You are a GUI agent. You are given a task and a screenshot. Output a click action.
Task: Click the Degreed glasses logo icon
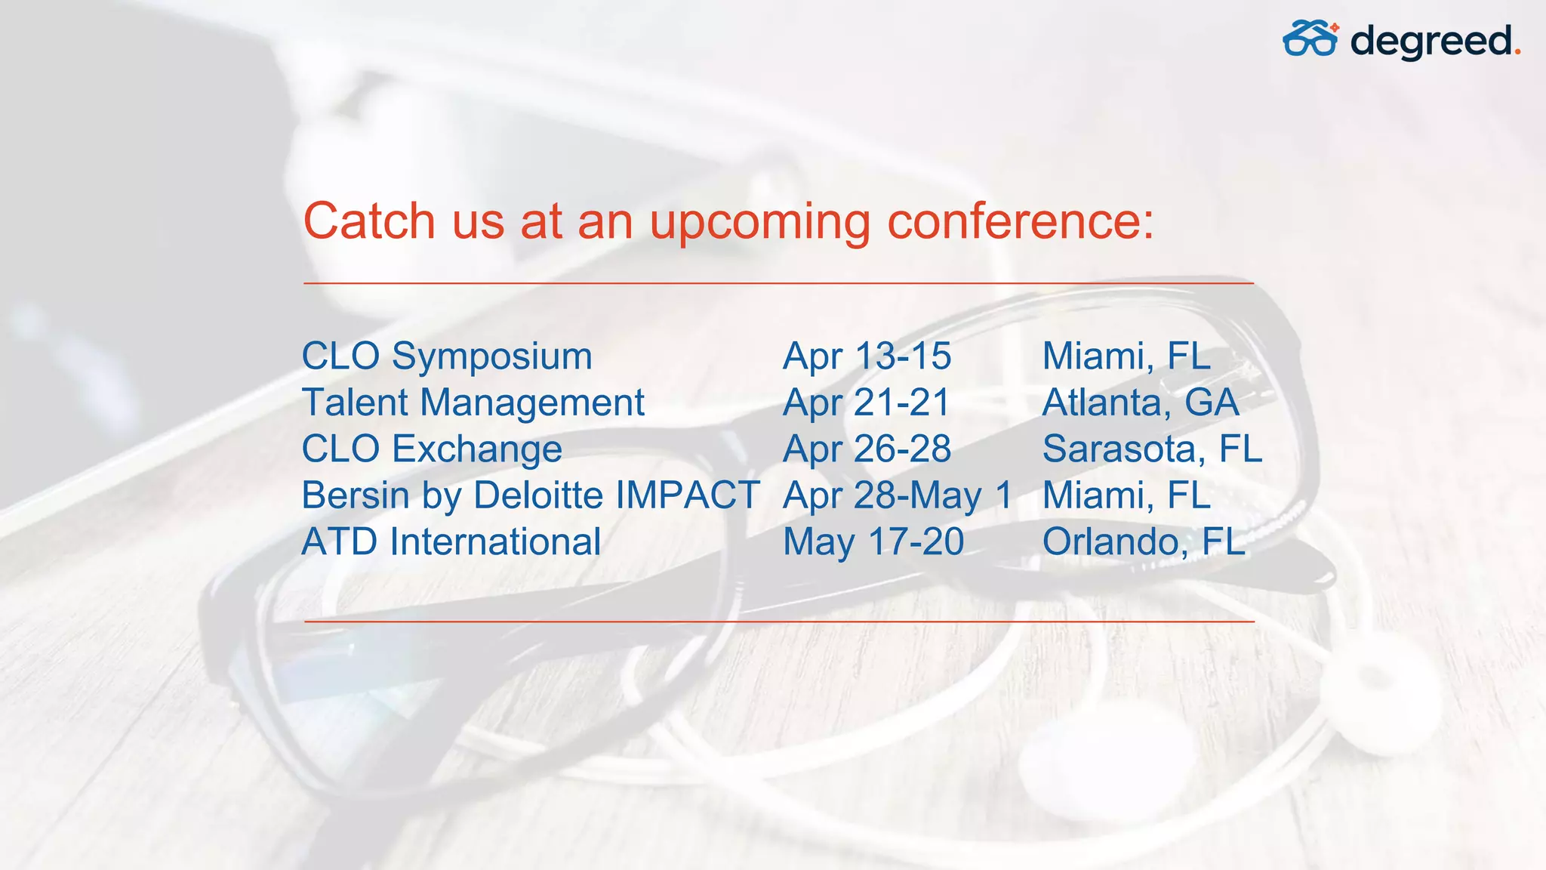point(1310,39)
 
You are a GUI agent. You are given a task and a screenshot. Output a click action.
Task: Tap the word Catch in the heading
point(369,221)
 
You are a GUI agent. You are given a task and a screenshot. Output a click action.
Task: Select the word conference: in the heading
point(1021,221)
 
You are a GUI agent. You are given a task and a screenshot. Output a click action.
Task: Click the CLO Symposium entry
point(447,356)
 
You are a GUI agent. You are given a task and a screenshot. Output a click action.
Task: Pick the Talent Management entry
point(473,403)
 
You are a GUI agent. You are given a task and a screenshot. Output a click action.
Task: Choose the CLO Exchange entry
point(432,449)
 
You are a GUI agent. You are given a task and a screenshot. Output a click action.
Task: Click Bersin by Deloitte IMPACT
point(531,495)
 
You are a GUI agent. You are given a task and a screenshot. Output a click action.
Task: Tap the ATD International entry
point(451,542)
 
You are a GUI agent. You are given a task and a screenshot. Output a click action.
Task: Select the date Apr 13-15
point(867,356)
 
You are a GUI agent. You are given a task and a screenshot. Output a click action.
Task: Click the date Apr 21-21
point(867,403)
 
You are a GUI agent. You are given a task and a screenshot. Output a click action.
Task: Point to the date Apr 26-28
point(867,449)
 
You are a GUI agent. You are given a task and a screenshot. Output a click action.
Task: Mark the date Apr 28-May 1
point(898,495)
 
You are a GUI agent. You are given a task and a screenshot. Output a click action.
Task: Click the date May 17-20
point(873,542)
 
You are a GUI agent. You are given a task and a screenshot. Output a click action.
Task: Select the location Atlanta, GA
point(1141,403)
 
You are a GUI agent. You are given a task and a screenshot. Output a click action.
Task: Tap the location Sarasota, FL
point(1152,449)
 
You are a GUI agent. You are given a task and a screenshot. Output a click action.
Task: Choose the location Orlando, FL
point(1144,542)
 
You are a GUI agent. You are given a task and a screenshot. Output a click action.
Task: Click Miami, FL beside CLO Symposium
point(1126,356)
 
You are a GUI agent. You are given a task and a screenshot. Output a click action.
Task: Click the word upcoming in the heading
point(759,223)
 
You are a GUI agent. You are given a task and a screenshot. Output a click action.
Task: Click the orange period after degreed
point(1517,53)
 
